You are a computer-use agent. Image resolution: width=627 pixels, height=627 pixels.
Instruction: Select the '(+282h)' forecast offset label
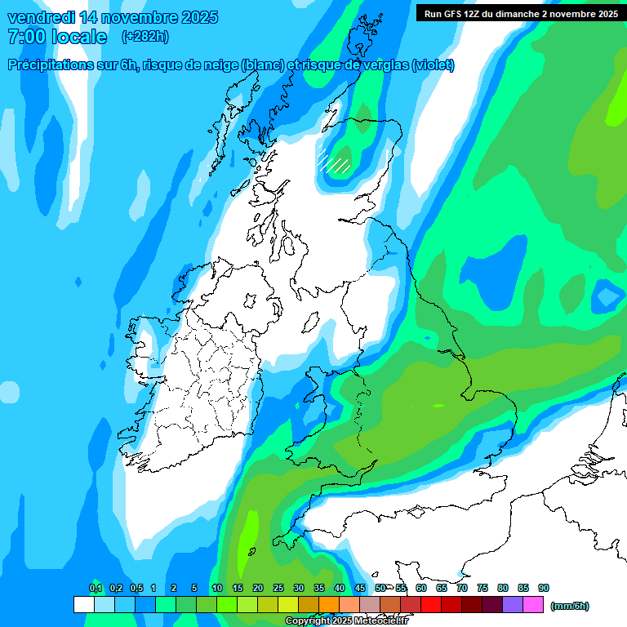click(x=145, y=37)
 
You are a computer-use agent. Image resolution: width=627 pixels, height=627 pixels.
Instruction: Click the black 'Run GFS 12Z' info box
click(x=518, y=13)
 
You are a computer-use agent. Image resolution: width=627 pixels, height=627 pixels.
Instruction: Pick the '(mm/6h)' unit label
click(x=569, y=606)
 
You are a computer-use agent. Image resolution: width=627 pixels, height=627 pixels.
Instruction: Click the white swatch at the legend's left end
click(x=83, y=604)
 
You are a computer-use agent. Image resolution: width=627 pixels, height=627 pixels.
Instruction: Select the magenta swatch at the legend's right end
click(x=533, y=604)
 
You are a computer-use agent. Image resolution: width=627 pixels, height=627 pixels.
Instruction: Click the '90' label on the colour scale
click(x=544, y=588)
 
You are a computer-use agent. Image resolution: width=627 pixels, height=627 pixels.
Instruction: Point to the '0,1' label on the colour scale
click(x=96, y=588)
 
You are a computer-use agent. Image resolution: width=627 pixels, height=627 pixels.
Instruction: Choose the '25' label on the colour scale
click(x=278, y=588)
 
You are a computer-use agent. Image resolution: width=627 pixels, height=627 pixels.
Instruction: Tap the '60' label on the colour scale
click(x=421, y=588)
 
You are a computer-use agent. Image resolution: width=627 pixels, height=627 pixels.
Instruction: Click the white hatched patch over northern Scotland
click(x=334, y=161)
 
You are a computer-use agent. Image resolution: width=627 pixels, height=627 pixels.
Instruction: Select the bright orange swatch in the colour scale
click(x=329, y=604)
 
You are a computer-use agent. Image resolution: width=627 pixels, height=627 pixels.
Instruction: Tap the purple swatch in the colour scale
click(x=513, y=604)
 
